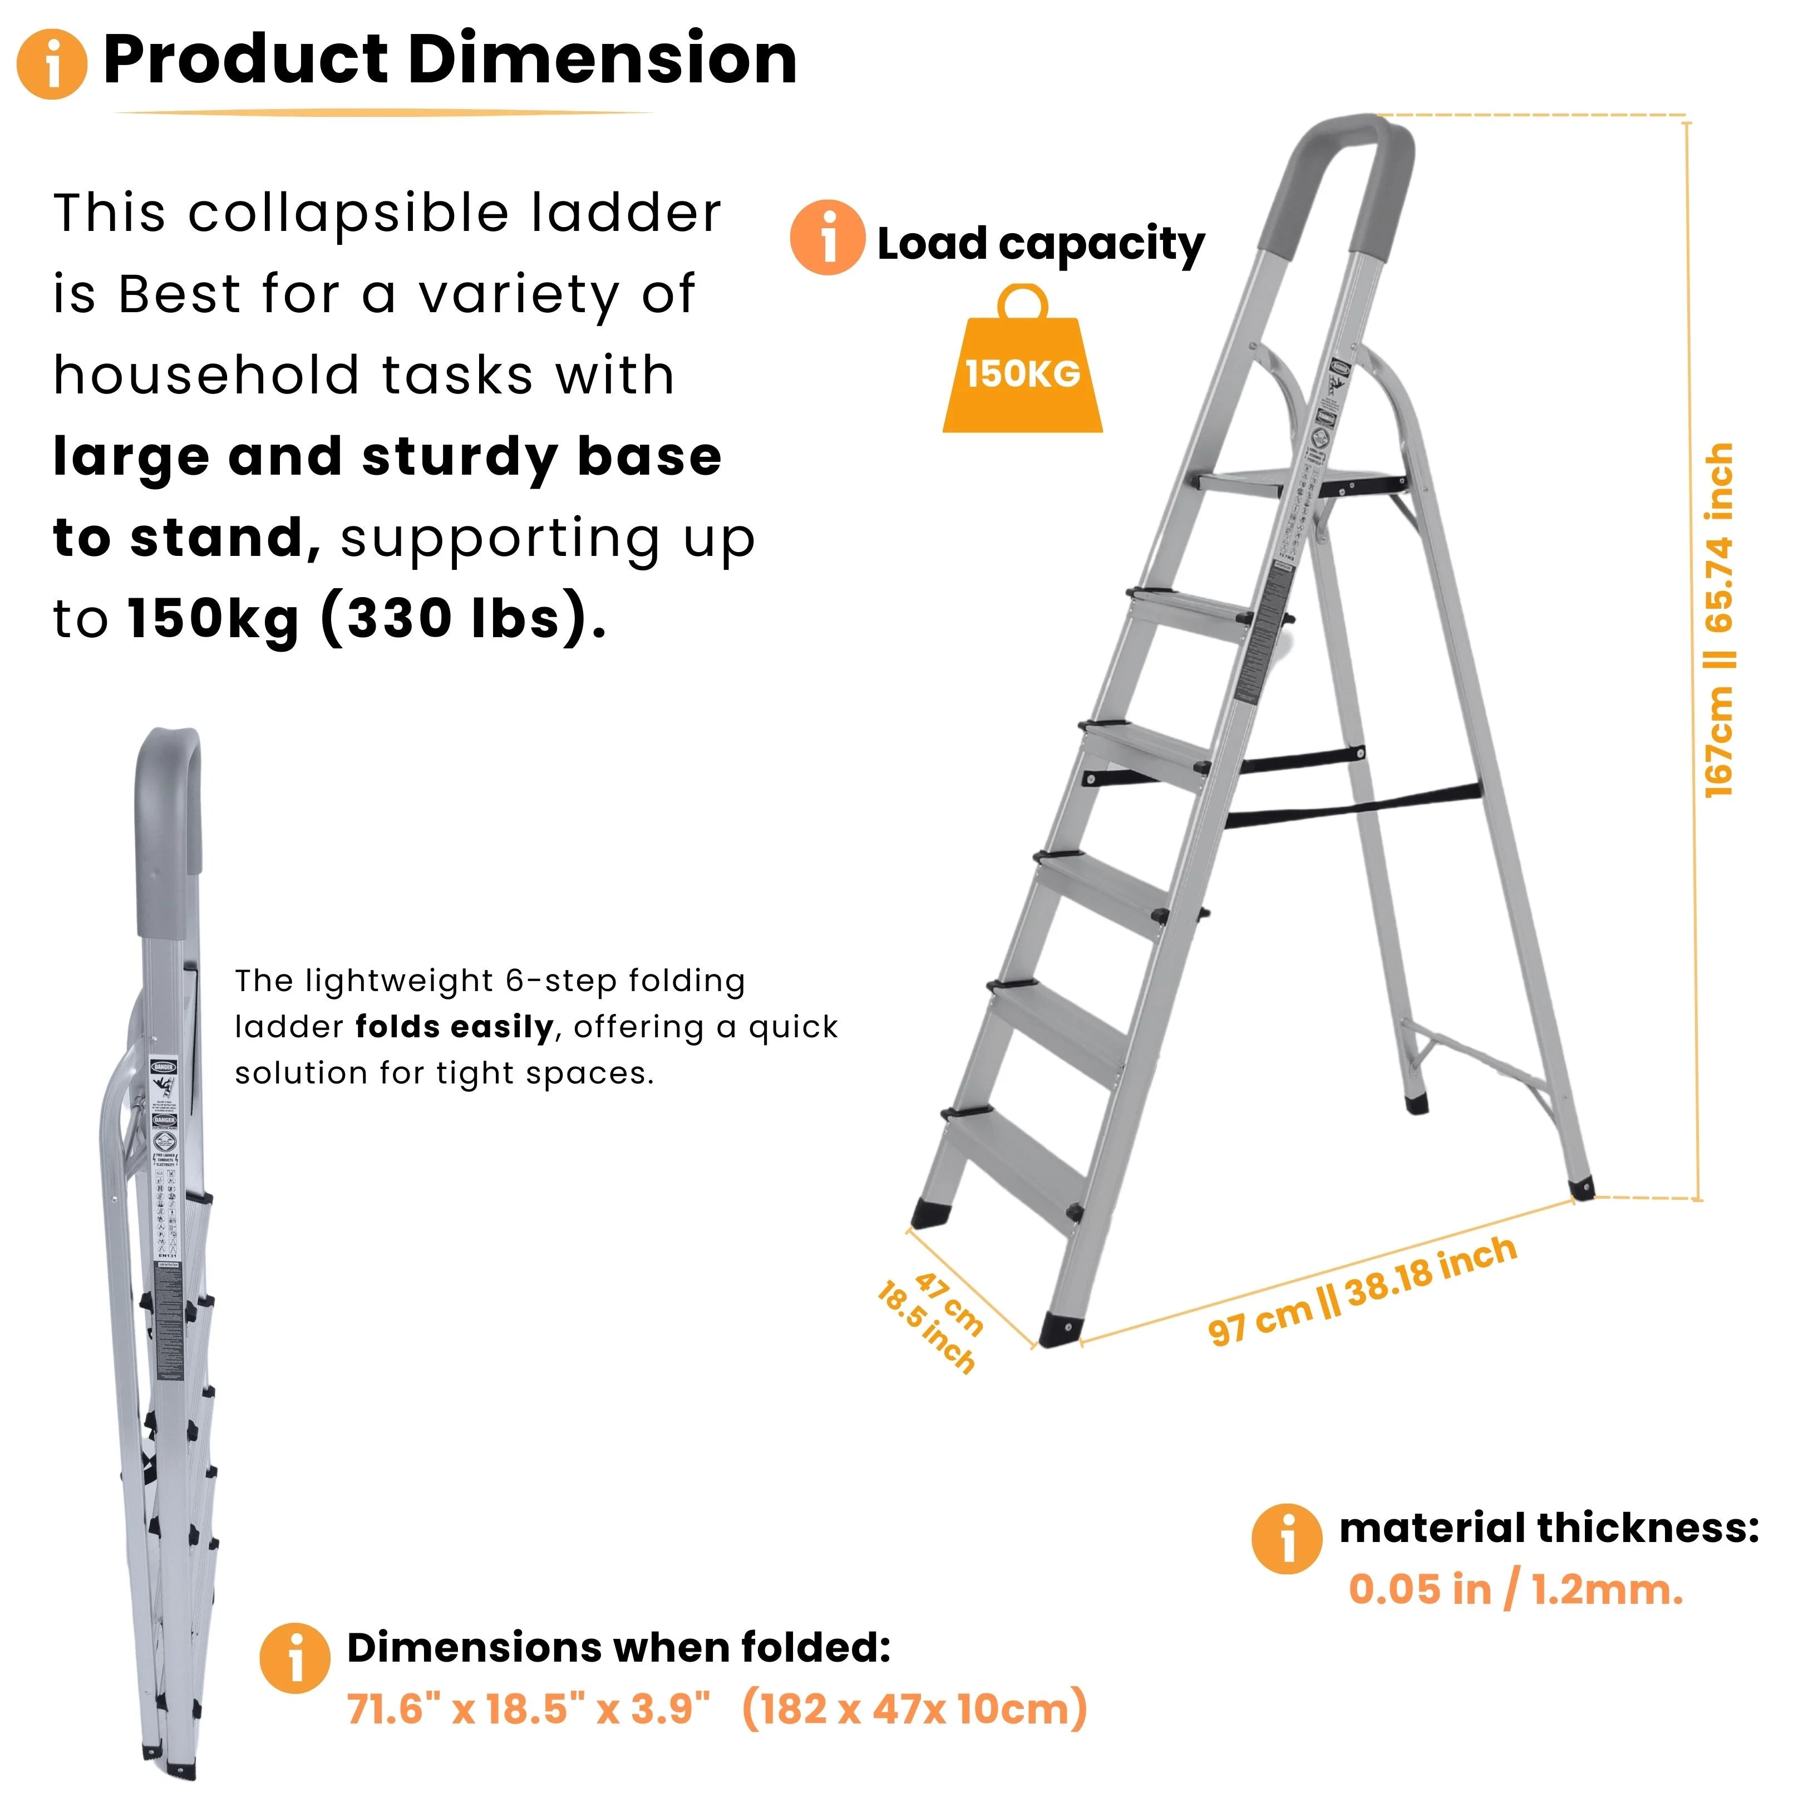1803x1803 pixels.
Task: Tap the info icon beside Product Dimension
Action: click(52, 63)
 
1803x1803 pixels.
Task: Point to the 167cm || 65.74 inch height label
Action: click(1719, 620)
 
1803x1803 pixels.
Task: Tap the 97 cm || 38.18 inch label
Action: click(1362, 1290)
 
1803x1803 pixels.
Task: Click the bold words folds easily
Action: click(455, 1027)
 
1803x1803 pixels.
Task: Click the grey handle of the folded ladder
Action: click(168, 821)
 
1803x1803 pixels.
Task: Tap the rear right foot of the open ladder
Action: click(1582, 1189)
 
